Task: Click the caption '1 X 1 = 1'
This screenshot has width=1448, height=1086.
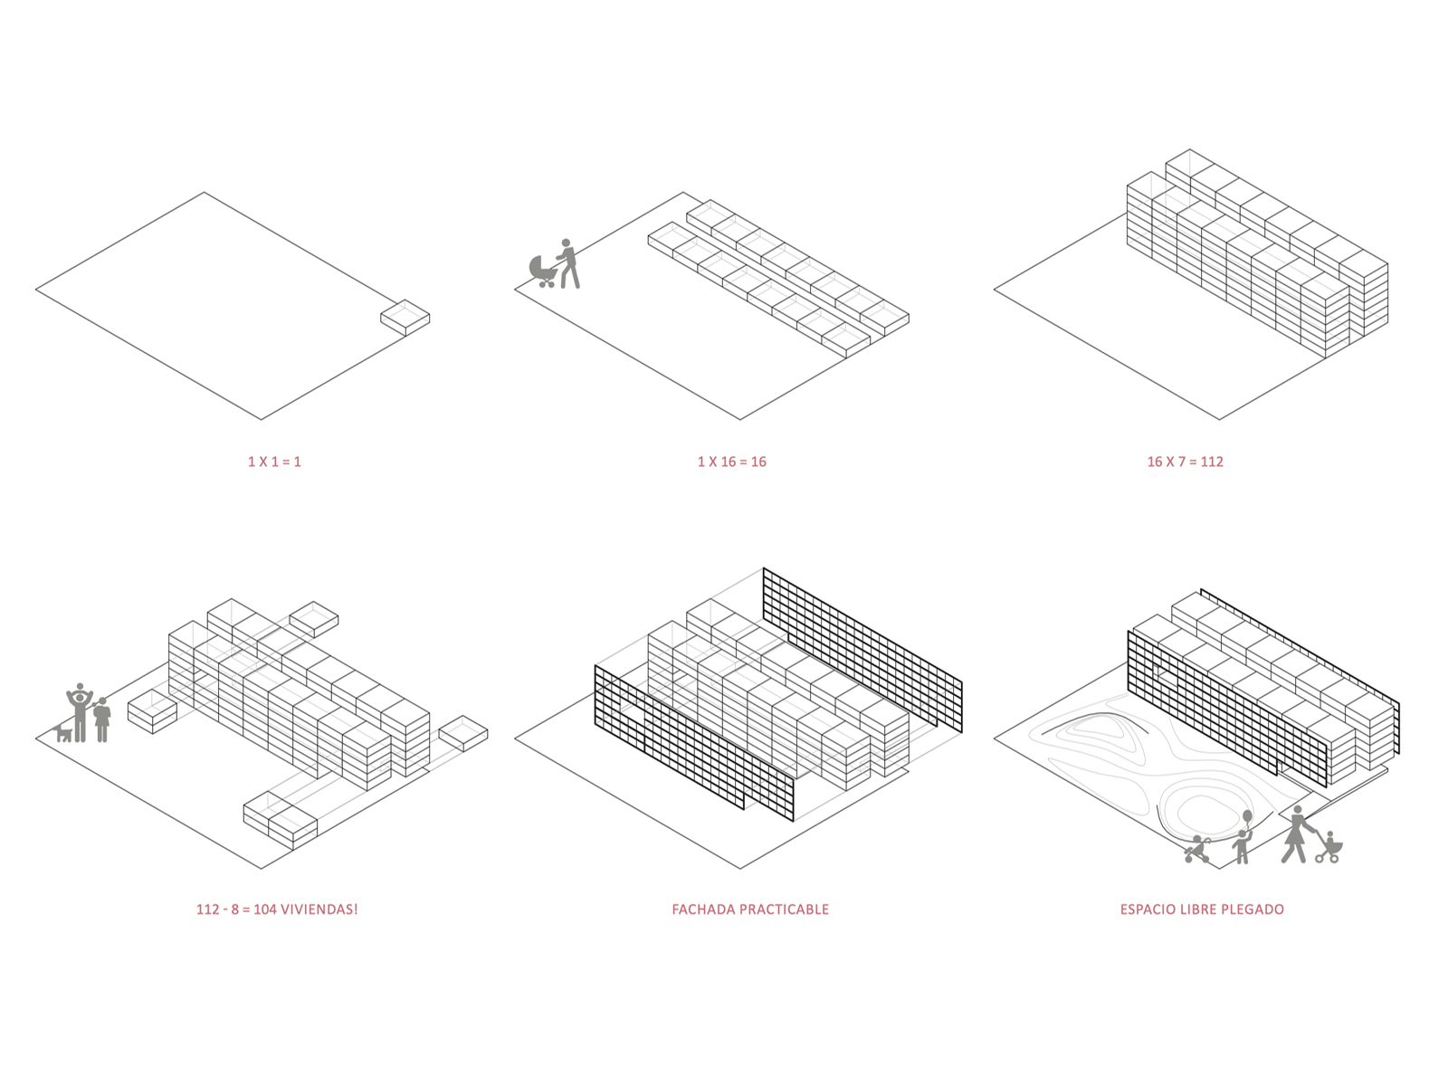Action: [x=274, y=462]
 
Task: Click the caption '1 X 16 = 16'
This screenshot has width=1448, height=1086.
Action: [x=731, y=462]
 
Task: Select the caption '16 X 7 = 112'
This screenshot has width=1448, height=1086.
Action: [x=1185, y=462]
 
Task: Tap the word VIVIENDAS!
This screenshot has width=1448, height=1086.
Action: [x=319, y=910]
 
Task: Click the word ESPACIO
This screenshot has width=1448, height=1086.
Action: [x=1148, y=910]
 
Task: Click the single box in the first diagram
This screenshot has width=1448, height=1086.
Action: [x=405, y=318]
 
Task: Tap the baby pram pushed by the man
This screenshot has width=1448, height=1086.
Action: [x=543, y=270]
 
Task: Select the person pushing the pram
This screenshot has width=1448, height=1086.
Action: [x=567, y=263]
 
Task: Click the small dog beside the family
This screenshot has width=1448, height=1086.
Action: [x=62, y=732]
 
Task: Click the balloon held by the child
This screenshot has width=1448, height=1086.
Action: [x=1247, y=817]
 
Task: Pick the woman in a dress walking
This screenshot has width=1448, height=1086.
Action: [x=1297, y=834]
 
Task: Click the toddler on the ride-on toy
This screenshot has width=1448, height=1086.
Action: [x=1198, y=849]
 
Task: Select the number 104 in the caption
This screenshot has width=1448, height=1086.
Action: [x=264, y=910]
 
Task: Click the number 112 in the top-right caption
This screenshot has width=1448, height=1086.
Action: [x=1212, y=462]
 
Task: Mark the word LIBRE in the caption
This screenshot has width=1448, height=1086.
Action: [x=1200, y=910]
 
